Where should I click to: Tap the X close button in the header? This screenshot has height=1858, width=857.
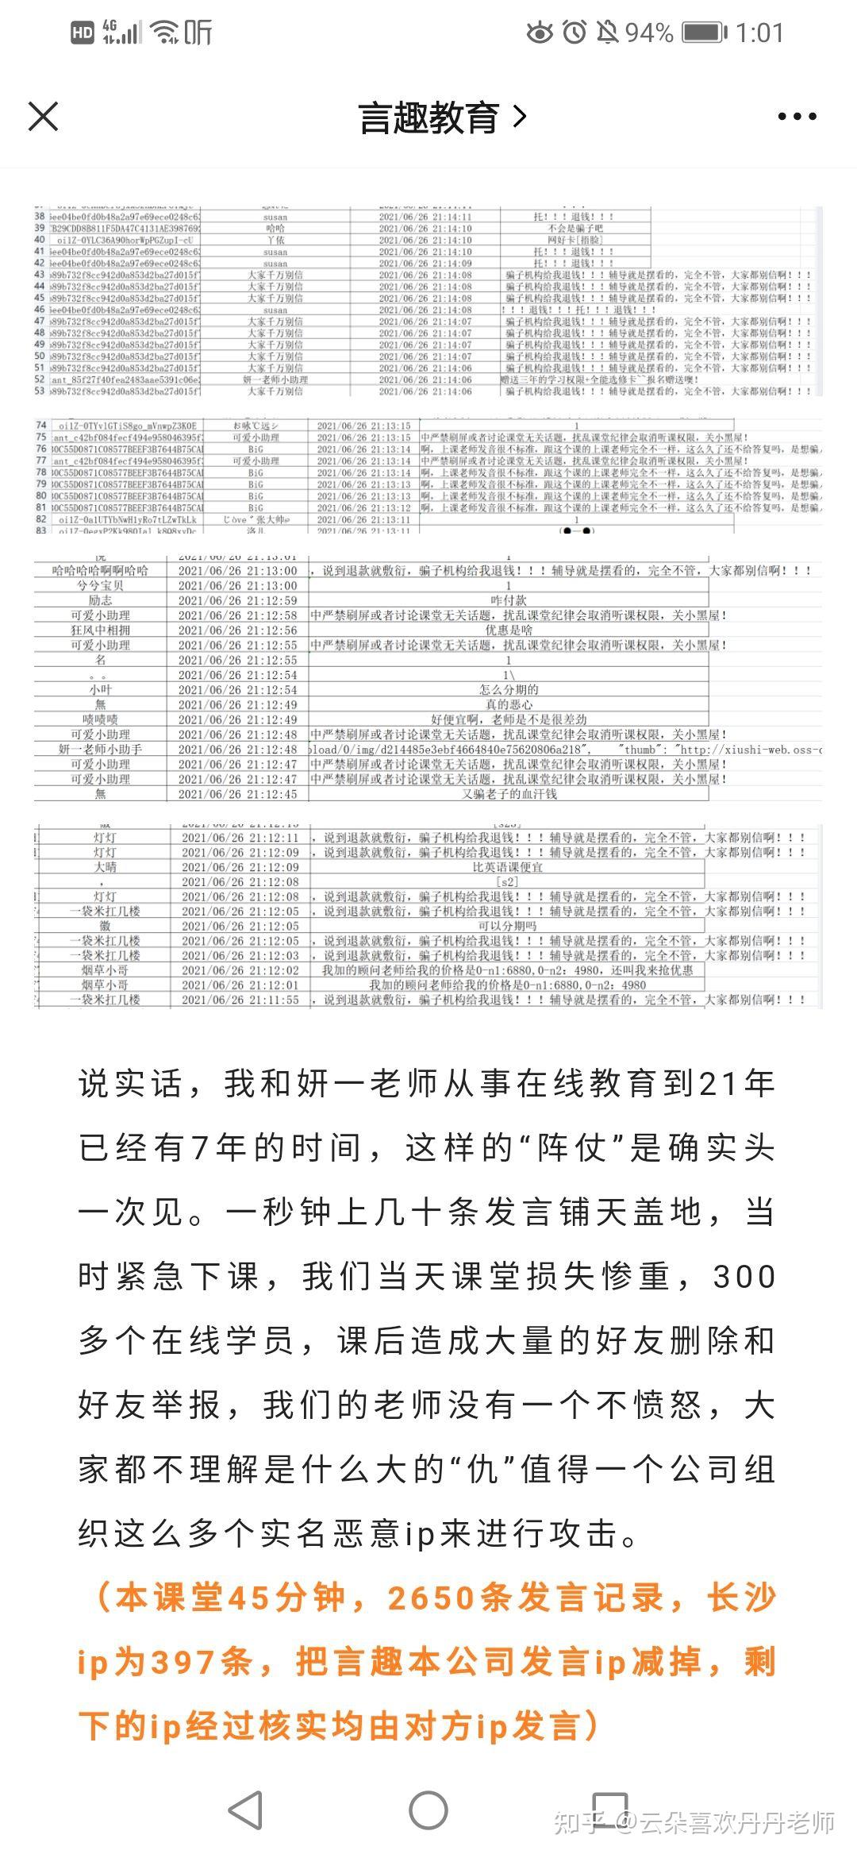[43, 117]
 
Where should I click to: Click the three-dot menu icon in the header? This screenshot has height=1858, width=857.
[797, 117]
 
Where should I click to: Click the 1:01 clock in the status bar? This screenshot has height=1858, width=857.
[759, 33]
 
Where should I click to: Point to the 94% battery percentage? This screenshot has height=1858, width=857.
[649, 33]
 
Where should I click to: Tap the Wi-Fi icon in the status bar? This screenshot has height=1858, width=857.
[164, 33]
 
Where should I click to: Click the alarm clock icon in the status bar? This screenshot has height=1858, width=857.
[575, 33]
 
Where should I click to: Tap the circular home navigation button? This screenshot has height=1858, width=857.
[428, 1811]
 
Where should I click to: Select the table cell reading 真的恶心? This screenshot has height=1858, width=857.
[509, 704]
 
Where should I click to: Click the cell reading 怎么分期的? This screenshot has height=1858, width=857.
[509, 689]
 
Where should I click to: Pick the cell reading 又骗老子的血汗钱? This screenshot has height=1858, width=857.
[509, 793]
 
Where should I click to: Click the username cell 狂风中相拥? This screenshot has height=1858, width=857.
[100, 630]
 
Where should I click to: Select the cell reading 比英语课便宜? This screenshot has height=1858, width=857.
[508, 867]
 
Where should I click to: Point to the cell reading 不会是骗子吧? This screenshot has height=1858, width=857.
[575, 228]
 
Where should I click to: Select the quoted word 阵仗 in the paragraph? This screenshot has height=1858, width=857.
[572, 1148]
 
